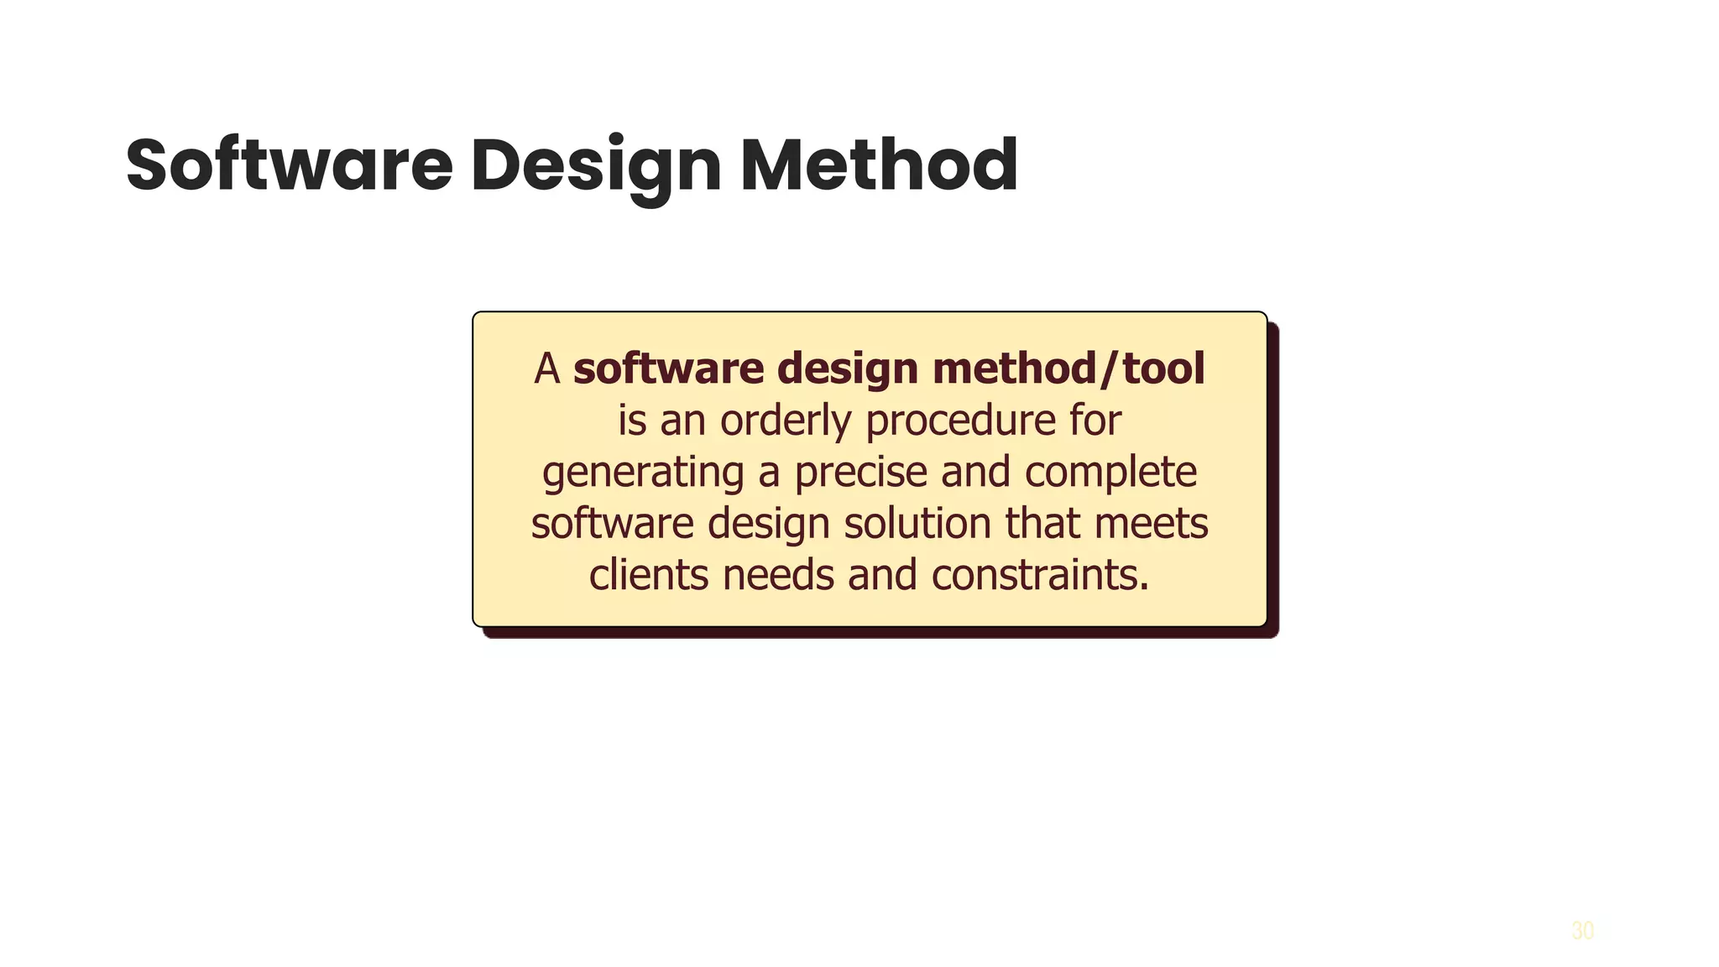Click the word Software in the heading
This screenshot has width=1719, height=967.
click(289, 165)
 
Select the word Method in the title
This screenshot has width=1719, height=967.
click(879, 165)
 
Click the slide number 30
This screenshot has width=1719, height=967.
click(1582, 931)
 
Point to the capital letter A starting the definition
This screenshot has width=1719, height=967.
click(547, 369)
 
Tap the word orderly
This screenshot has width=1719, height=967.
click(786, 421)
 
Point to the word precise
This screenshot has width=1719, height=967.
click(860, 473)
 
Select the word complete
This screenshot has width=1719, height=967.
click(1110, 473)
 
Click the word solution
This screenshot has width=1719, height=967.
click(917, 524)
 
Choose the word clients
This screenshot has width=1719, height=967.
click(649, 576)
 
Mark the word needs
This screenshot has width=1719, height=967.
click(778, 576)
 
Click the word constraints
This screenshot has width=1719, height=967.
click(1040, 576)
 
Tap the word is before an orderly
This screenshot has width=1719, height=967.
click(632, 421)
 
